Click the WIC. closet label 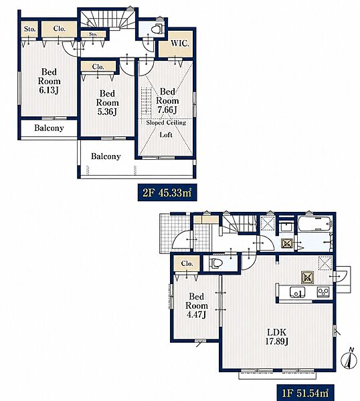[180, 43]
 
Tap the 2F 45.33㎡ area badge [167, 192]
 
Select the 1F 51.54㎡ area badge [305, 392]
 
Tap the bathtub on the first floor [315, 223]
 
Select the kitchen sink [297, 292]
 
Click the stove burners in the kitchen [323, 292]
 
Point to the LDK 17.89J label [276, 337]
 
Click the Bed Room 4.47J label [196, 305]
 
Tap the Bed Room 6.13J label [49, 81]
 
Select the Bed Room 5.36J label [107, 102]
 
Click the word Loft [166, 135]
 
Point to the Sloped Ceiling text [166, 123]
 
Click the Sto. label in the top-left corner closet [29, 29]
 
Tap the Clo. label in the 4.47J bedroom [187, 263]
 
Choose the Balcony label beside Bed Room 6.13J [49, 128]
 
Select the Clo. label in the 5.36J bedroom [98, 67]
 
